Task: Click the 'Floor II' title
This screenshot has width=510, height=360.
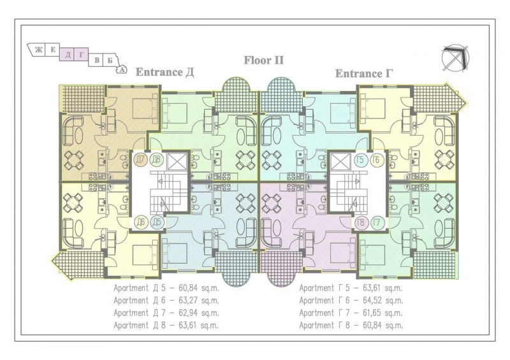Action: tap(264, 61)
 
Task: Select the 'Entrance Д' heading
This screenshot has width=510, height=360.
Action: tap(164, 72)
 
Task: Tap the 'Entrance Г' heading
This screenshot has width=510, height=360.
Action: tap(364, 73)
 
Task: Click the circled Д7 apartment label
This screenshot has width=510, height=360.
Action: tap(140, 160)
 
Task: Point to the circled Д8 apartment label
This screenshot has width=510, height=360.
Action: tap(156, 160)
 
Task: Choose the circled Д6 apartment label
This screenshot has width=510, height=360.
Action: tap(141, 222)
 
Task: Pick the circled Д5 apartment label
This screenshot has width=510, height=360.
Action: tap(157, 222)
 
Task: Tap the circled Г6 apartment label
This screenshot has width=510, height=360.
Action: tap(376, 160)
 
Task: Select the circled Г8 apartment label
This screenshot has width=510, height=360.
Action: tap(361, 223)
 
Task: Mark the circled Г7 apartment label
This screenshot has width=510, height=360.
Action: tap(377, 223)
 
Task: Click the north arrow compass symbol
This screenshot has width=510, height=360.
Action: tap(455, 57)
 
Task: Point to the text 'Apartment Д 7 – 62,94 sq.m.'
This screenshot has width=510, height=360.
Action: tap(166, 313)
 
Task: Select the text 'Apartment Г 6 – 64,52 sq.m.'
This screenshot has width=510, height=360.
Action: tap(351, 301)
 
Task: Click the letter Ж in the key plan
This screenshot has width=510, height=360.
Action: tap(38, 50)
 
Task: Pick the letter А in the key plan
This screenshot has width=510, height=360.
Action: tap(122, 69)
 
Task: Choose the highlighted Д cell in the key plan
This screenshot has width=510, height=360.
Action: tap(68, 55)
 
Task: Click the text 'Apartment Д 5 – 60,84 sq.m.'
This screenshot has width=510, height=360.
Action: tap(166, 288)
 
